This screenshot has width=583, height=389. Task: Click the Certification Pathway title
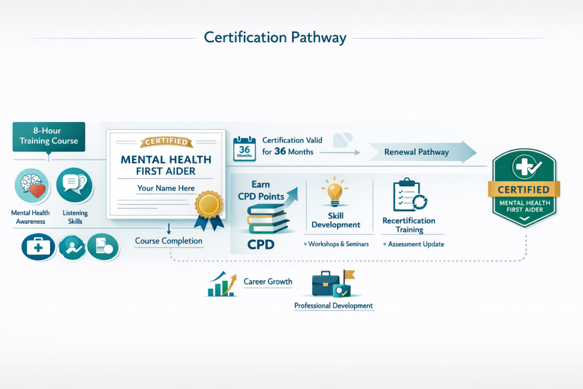point(275,38)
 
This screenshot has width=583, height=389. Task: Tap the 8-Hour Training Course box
point(49,137)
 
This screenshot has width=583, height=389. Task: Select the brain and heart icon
point(32,186)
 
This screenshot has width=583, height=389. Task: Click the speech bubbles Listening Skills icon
point(75,185)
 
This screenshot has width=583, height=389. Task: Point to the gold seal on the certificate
point(209,204)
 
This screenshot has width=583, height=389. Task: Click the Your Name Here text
point(166,188)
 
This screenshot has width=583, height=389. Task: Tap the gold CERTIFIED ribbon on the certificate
point(166,142)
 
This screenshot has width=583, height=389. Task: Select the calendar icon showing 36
point(244,149)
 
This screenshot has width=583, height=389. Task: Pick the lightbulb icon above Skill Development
point(335,192)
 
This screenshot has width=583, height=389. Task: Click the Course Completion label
point(169,241)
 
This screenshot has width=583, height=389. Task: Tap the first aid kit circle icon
point(38,247)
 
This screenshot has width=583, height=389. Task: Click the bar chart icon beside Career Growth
point(222,284)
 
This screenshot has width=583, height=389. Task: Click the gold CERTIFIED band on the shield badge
point(524,190)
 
